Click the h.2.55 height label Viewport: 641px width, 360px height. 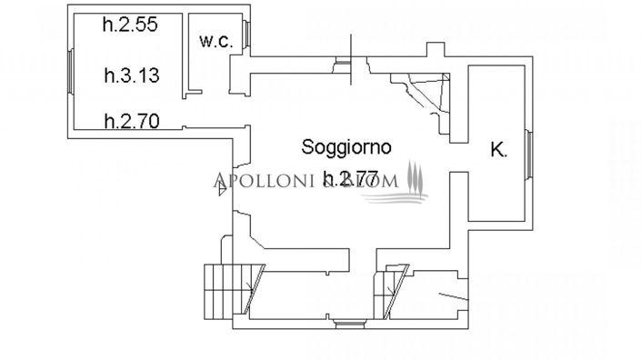click(x=131, y=26)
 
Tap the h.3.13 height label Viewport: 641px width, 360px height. click(x=132, y=76)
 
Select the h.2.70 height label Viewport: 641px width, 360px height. click(x=132, y=118)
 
